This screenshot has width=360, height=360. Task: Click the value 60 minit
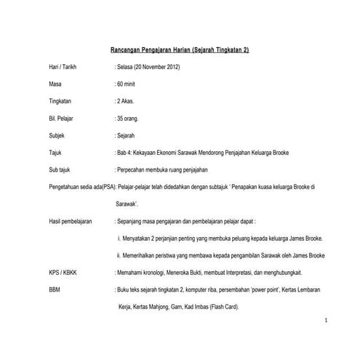(126, 85)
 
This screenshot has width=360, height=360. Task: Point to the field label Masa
(55, 85)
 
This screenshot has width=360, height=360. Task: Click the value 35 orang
(127, 119)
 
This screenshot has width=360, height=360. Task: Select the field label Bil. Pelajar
(61, 119)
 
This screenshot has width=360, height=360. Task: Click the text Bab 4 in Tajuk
(124, 153)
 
